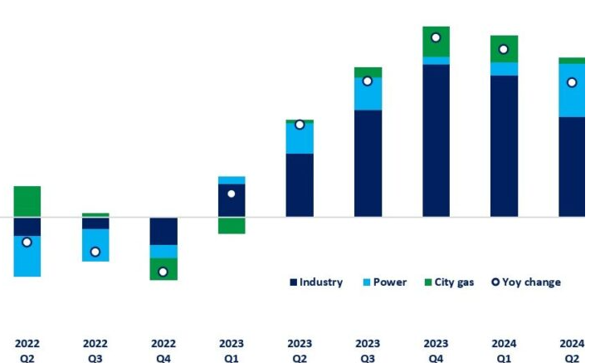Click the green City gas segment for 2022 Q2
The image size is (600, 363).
(x=27, y=202)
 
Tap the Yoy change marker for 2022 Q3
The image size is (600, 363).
(x=95, y=252)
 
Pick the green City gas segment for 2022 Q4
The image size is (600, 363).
(x=163, y=269)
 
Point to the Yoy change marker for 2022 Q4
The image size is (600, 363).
(x=163, y=272)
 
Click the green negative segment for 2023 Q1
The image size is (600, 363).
(x=232, y=225)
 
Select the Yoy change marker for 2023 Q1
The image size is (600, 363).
(x=232, y=194)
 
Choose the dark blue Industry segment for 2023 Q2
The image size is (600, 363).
(x=300, y=184)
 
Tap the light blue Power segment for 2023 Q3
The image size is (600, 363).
(x=368, y=94)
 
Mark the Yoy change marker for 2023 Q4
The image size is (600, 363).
(x=436, y=37)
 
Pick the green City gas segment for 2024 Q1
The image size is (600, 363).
(x=504, y=49)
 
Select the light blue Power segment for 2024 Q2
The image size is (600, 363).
(x=572, y=91)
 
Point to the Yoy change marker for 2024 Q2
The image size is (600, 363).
(x=572, y=82)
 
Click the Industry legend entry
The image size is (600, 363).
(x=316, y=282)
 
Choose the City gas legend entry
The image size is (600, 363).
(x=449, y=282)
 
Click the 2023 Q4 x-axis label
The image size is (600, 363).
(x=436, y=350)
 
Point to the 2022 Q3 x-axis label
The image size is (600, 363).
(x=95, y=350)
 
